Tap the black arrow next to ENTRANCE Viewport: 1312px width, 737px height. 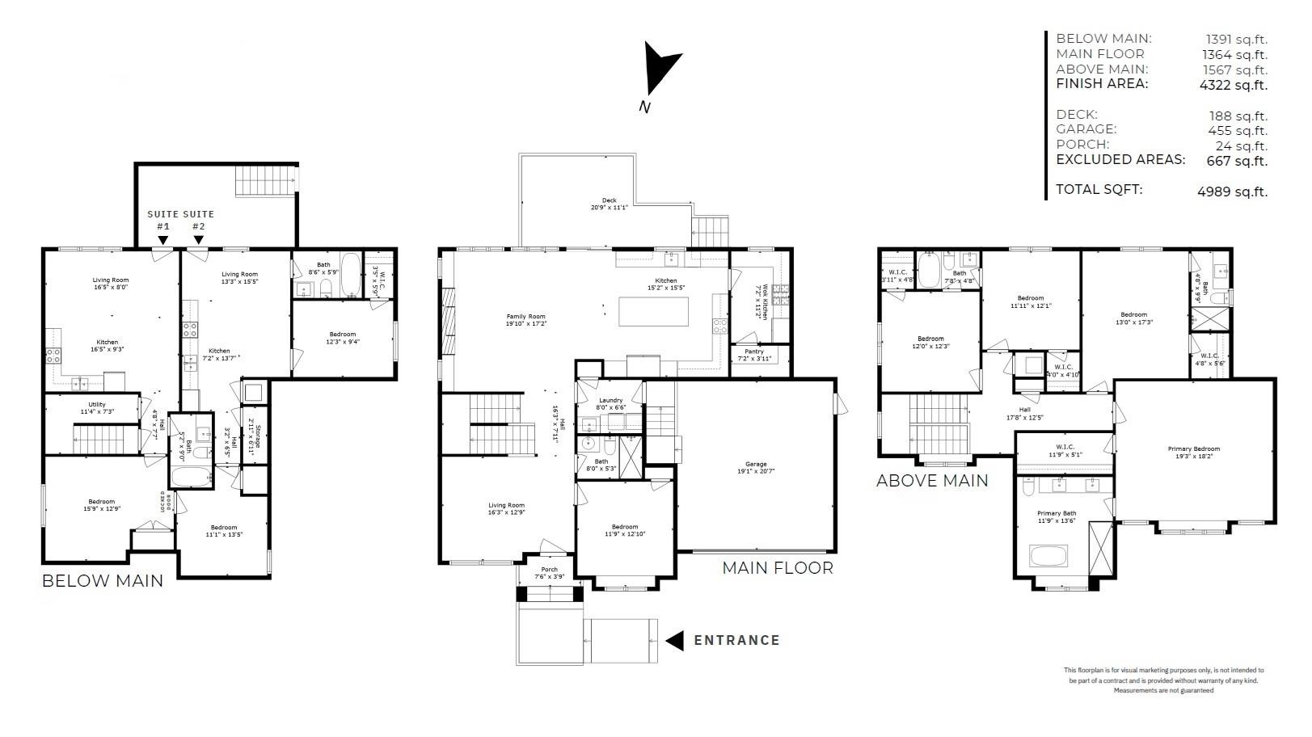click(x=674, y=641)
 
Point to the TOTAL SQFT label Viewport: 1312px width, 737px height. click(x=1099, y=190)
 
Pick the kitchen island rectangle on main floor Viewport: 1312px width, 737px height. click(x=653, y=312)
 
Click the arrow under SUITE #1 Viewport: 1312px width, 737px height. click(x=162, y=240)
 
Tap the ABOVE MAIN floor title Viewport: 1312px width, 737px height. click(x=931, y=481)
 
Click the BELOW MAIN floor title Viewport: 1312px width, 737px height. click(x=102, y=581)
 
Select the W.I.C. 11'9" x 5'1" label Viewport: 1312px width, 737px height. click(x=1064, y=451)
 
